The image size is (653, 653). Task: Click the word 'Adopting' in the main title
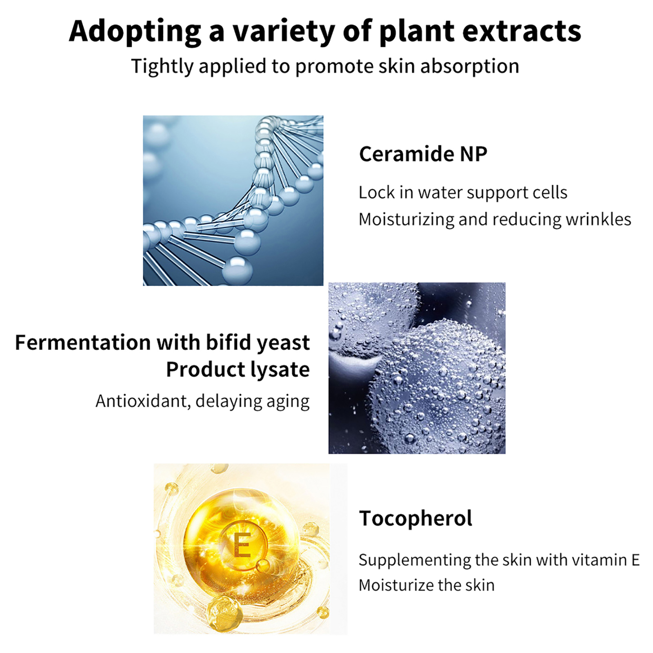[x=135, y=32]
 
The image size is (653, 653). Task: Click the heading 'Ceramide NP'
[x=423, y=154]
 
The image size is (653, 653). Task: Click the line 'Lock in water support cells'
[x=463, y=192]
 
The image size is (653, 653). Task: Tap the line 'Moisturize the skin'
[x=426, y=585]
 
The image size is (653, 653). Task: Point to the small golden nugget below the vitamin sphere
[x=222, y=613]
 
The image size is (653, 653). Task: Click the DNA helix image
[x=233, y=200]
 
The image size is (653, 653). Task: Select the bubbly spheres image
[x=417, y=368]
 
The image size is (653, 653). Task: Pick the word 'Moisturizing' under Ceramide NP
[x=406, y=220]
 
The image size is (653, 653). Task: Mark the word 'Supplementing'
[x=415, y=560]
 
